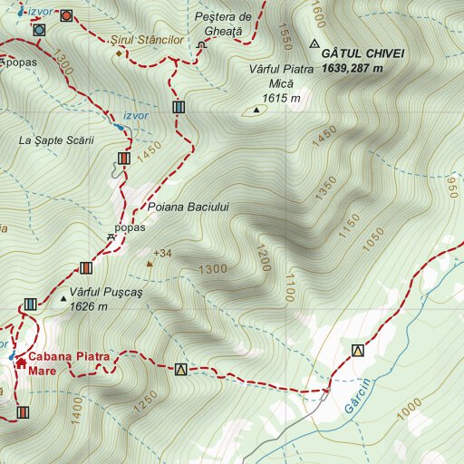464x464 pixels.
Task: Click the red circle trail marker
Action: [x=66, y=15]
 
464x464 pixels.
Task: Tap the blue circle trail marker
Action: [x=38, y=29]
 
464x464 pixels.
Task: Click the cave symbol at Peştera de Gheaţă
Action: [x=201, y=46]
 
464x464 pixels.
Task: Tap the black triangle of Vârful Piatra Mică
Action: [x=256, y=111]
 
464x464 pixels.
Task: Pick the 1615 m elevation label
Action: [x=280, y=99]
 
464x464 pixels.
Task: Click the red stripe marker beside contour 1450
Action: [x=123, y=159]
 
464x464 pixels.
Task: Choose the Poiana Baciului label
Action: [x=195, y=208]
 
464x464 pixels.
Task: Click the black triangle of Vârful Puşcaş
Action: [x=63, y=297]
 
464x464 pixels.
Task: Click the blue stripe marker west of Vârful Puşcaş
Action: [x=30, y=304]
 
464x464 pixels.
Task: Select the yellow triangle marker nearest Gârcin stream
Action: [x=358, y=351]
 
